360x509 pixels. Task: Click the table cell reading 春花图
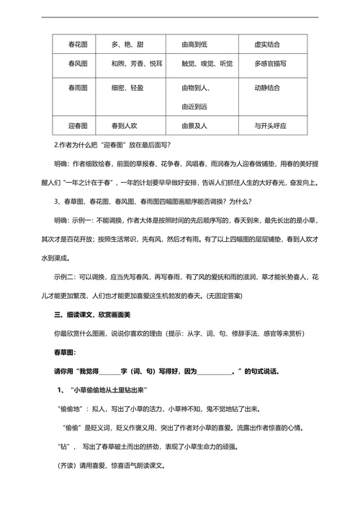(x=69, y=45)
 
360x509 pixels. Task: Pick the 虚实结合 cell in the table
(x=269, y=45)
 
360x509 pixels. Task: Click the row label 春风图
(x=69, y=64)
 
